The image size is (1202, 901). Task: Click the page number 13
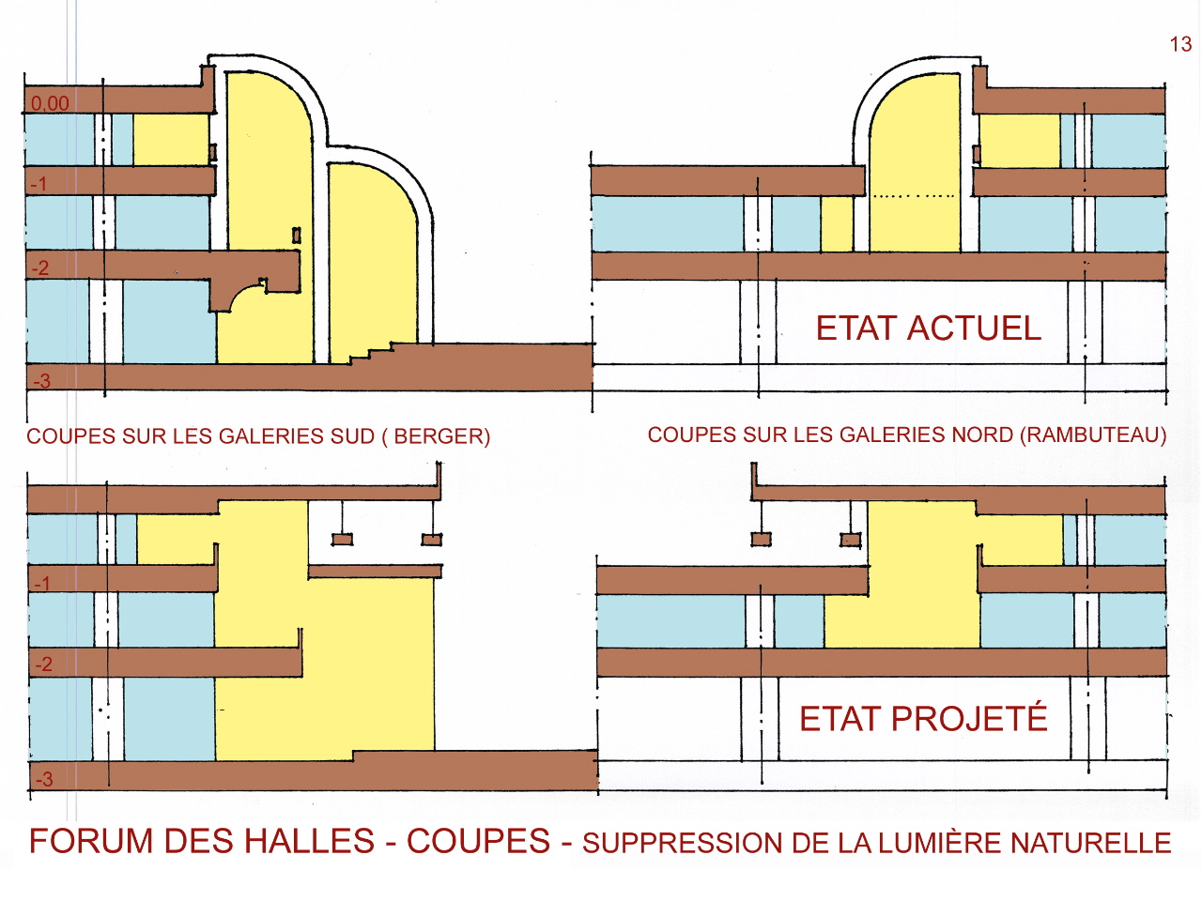coord(1180,44)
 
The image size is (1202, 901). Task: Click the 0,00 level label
coord(50,103)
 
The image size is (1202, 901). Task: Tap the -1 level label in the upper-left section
coord(39,184)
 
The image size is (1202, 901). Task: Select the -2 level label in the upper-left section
coord(39,268)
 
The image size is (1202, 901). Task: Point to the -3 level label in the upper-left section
coord(41,381)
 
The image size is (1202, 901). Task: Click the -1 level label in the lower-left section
coord(42,584)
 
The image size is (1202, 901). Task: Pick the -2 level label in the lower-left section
coord(43,664)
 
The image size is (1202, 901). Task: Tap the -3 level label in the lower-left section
coord(43,779)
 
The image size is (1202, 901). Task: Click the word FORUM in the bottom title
coord(90,841)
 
